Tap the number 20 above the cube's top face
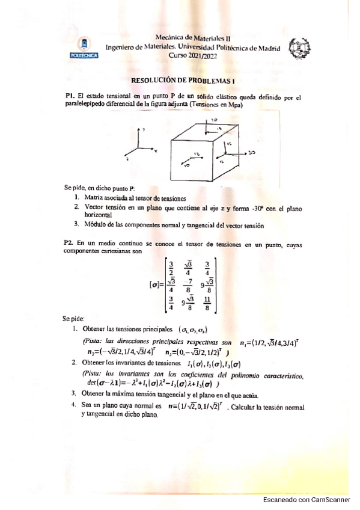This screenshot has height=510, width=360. [x=215, y=120]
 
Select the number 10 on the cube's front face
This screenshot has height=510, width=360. [x=187, y=164]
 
